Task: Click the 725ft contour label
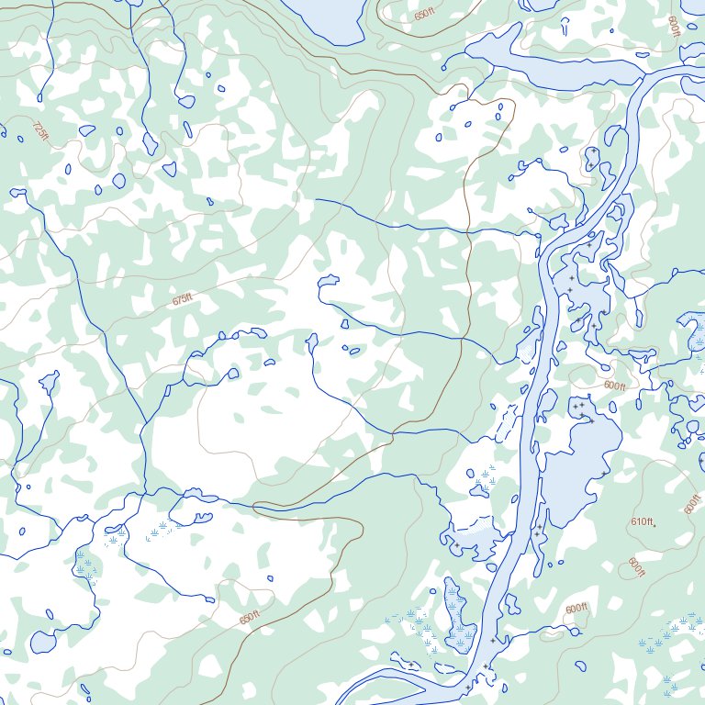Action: coord(39,131)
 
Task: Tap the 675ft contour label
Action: coord(183,300)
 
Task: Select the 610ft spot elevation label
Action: coord(641,522)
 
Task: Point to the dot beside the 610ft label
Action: coord(655,524)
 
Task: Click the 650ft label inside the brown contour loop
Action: coord(424,15)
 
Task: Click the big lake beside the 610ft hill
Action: coord(578,468)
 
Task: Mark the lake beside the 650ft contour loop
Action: coord(326,17)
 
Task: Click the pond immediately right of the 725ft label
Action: coord(87,130)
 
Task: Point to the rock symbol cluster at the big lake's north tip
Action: coord(579,407)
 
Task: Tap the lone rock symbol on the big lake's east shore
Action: coord(603,474)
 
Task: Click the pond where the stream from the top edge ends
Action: coord(185,102)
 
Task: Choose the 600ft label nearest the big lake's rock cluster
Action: coord(614,386)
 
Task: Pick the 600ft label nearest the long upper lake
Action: coord(675,27)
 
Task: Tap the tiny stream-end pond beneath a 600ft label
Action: coord(576,631)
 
